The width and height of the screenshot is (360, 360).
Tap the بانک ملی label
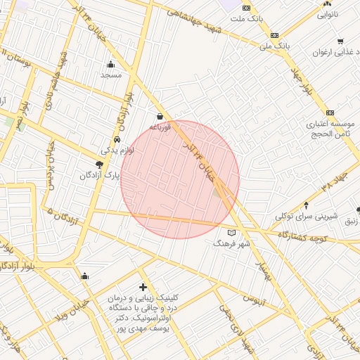coord(274,46)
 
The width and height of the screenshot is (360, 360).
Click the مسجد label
coord(111,74)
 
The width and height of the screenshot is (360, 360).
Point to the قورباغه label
coord(160,127)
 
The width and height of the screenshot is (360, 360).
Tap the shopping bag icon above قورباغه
coord(160,116)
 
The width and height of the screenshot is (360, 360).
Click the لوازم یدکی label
coord(114,150)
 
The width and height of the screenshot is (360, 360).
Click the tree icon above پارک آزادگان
coord(98,165)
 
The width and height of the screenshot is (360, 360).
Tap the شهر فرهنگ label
coord(232,243)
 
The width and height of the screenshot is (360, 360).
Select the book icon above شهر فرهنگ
coord(233,233)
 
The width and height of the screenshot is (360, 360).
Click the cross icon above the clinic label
coord(143,287)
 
